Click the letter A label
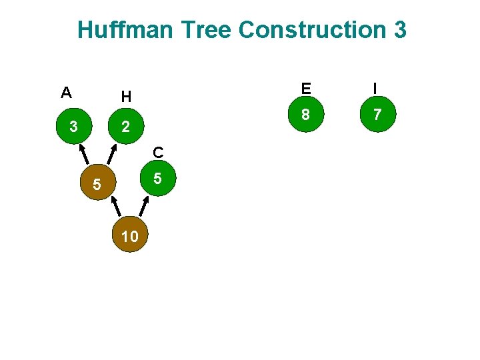pyautogui.click(x=66, y=93)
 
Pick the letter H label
pyautogui.click(x=126, y=97)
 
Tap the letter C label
pyautogui.click(x=157, y=153)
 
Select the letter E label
pyautogui.click(x=305, y=89)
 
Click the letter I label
pyautogui.click(x=377, y=89)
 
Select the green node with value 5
pyautogui.click(x=157, y=179)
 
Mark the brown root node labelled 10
pyautogui.click(x=131, y=235)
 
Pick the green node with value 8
pyautogui.click(x=305, y=115)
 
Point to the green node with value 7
pyautogui.click(x=377, y=115)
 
